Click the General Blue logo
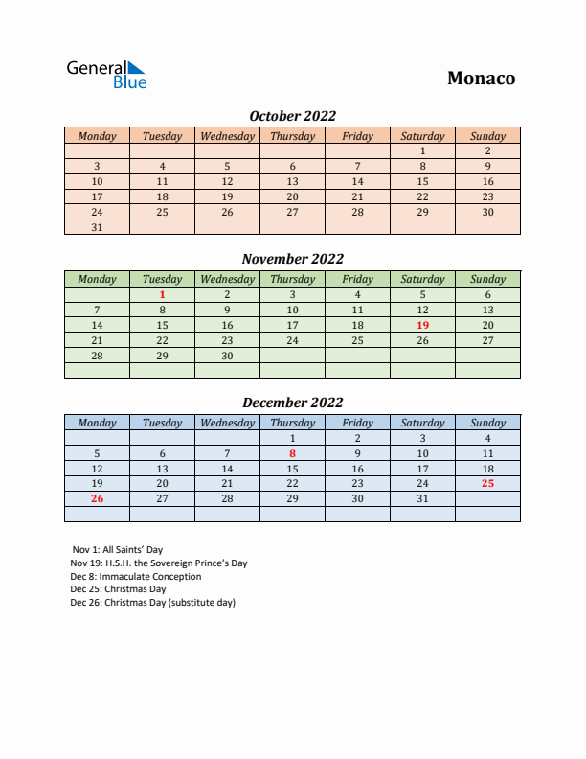point(105,75)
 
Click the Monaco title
point(481,79)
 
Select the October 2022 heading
point(292,116)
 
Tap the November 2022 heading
point(292,259)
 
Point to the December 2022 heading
point(292,402)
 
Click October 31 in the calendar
point(97,227)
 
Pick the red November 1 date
point(162,295)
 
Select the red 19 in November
point(422,325)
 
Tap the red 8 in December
point(292,453)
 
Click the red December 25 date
point(487,483)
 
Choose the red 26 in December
point(97,498)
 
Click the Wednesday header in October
point(227,136)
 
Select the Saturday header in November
point(422,280)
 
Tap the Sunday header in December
point(487,423)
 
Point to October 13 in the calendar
point(292,181)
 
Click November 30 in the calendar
point(227,356)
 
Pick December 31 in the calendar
point(422,498)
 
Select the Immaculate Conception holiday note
point(136,577)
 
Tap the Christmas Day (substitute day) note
point(152,603)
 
